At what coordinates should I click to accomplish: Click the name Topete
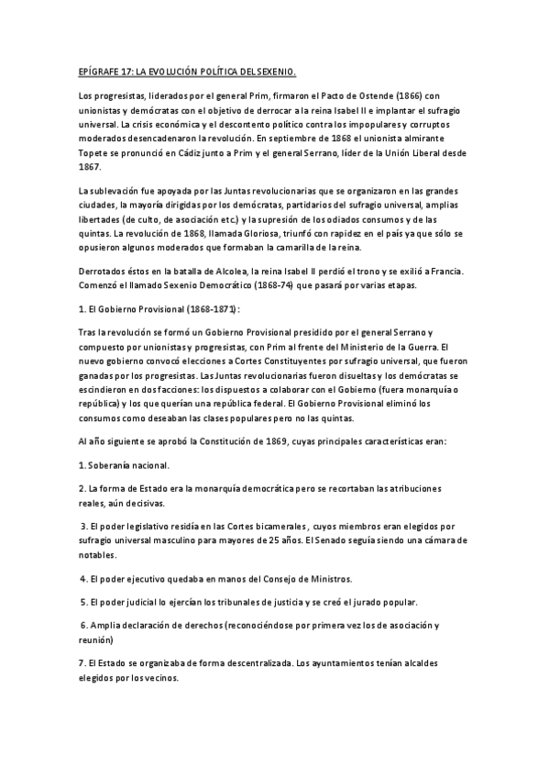click(x=94, y=152)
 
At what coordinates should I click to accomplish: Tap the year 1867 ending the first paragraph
click(x=91, y=166)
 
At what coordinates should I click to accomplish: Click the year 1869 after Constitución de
click(x=274, y=441)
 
